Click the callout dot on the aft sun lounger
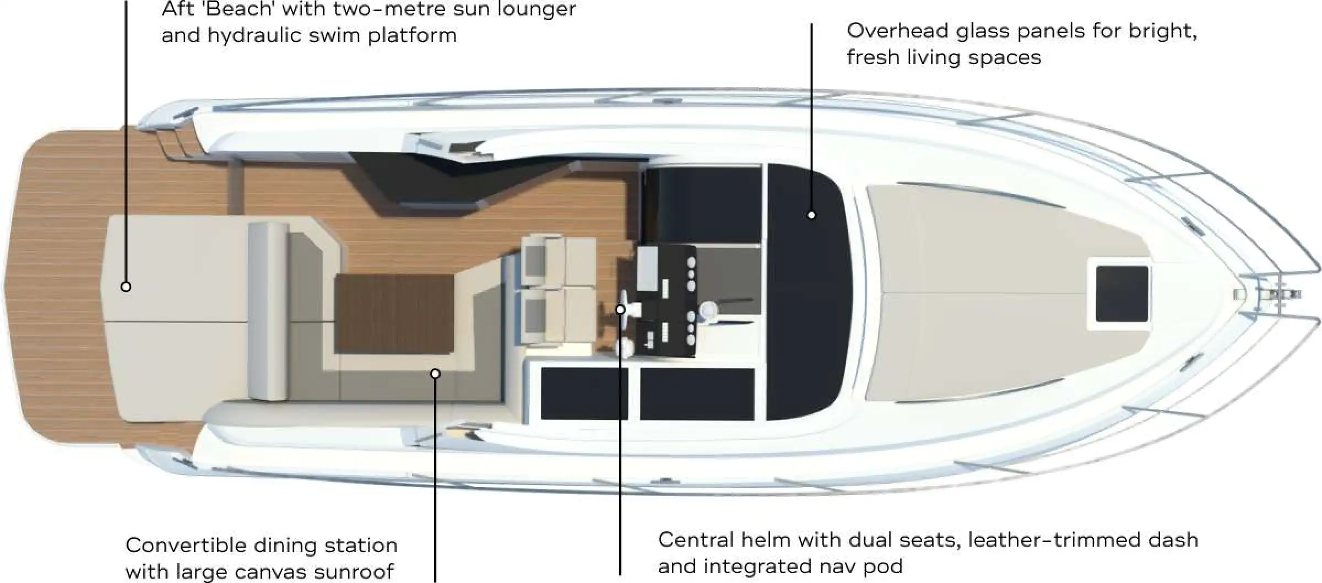point(126,287)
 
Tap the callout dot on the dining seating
point(435,374)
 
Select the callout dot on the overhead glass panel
point(811,215)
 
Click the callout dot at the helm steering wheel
point(620,310)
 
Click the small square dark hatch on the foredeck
point(1121,294)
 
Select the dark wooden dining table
point(393,314)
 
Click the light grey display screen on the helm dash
point(647,266)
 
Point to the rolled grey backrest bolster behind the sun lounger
point(268,311)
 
